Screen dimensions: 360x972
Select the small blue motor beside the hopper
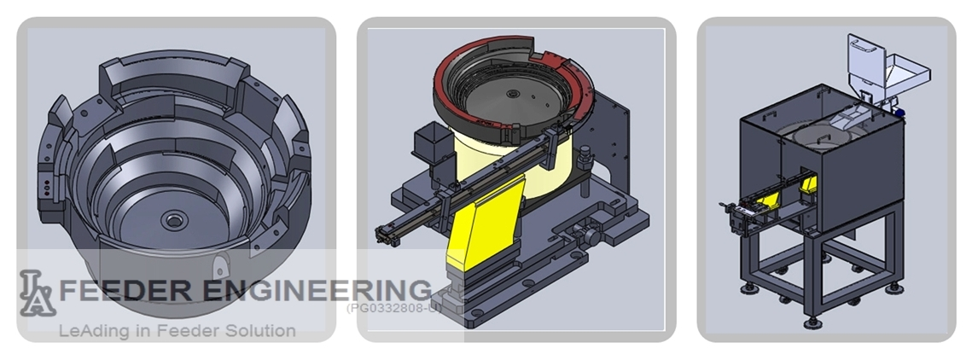coord(899,111)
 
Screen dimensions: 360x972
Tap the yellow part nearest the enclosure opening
coord(806,182)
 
